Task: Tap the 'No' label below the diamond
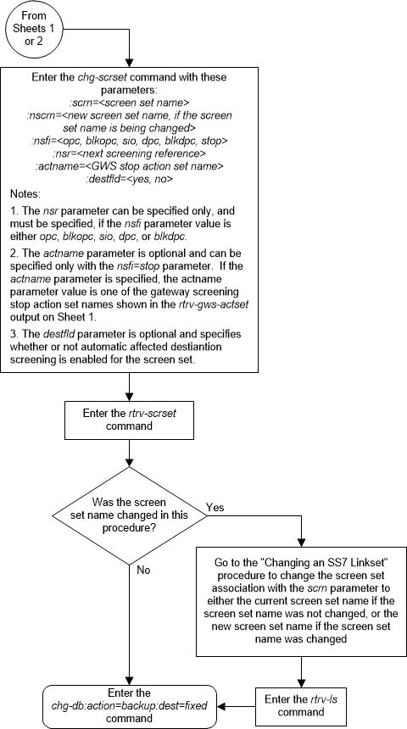145,570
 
